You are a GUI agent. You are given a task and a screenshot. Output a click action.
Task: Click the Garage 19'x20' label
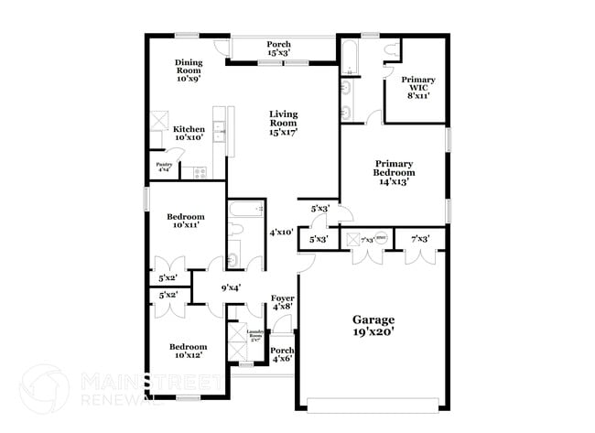[374, 327]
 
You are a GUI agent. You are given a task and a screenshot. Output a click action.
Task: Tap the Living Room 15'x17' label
[284, 124]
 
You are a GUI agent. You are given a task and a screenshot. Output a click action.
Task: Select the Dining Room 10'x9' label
[189, 70]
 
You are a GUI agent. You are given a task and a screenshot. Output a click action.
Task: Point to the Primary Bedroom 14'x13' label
[394, 171]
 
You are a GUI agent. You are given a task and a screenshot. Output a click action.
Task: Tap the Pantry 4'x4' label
[164, 168]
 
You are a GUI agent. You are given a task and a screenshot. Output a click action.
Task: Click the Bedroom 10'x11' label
[184, 221]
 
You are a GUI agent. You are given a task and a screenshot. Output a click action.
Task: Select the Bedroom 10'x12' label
[188, 352]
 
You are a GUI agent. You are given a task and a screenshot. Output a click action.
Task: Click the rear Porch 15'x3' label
[278, 49]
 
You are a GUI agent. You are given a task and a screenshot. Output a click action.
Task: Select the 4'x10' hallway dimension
[281, 233]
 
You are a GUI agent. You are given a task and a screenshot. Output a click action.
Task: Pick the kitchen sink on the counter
[220, 134]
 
